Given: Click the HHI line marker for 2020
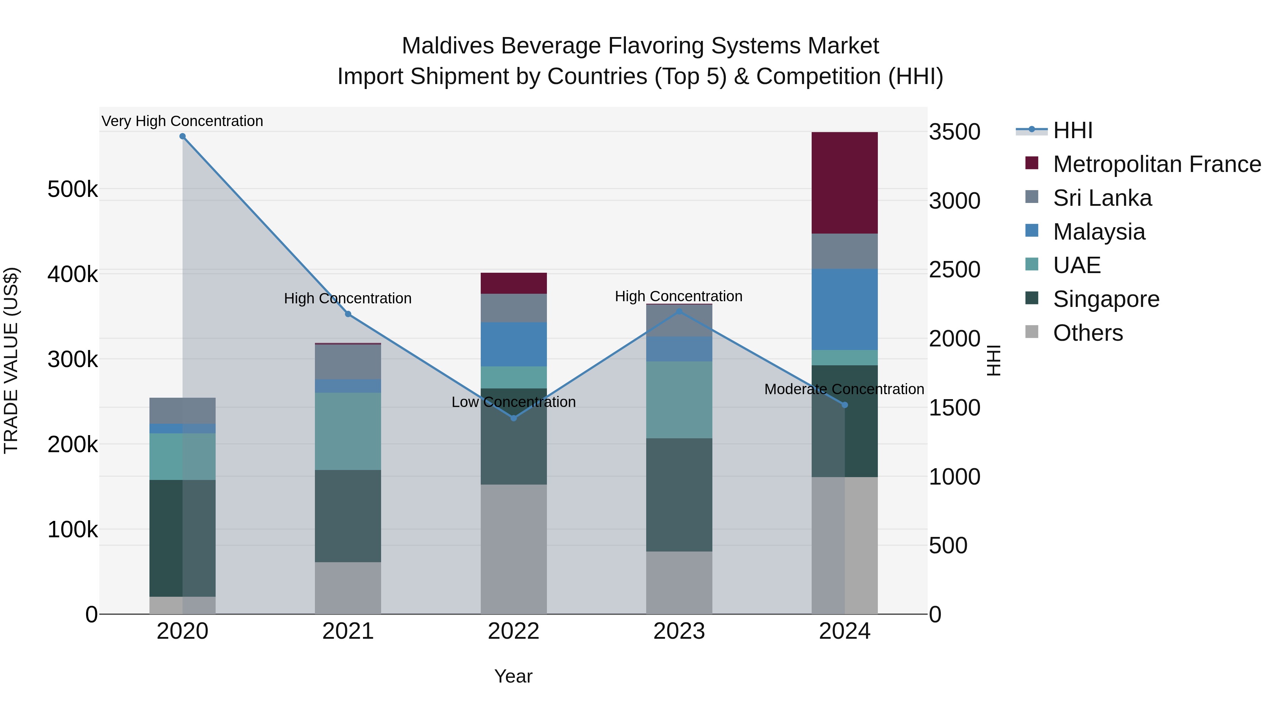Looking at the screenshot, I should tap(183, 136).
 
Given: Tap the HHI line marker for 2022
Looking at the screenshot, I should tap(514, 418).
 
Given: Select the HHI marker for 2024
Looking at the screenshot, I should tap(844, 405).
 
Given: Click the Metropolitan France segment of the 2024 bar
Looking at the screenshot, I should tap(844, 183).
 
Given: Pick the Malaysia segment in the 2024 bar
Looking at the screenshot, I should tap(844, 309).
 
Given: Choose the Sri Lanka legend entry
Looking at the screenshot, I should tap(1102, 198).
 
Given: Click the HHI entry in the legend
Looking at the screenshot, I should tap(1072, 130).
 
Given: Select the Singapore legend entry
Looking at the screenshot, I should tap(1106, 299).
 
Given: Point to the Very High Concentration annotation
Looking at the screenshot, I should tap(183, 121).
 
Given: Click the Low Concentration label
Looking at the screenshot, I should tap(514, 402).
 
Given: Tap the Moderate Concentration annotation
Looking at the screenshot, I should tap(844, 389).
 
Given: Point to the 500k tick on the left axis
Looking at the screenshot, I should tap(73, 189).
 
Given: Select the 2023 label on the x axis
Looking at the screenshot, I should tap(679, 631).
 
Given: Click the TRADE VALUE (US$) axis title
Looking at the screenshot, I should tap(11, 360).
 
